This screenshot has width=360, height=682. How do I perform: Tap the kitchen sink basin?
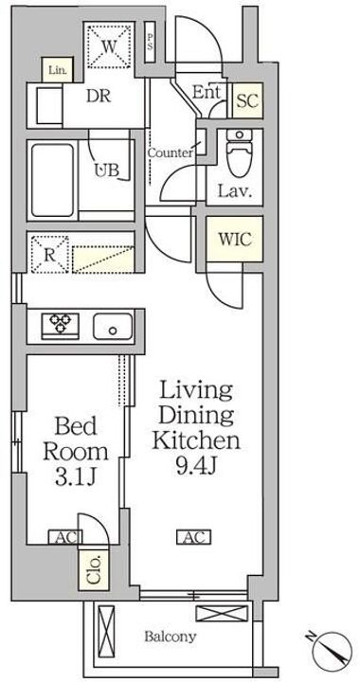(x=113, y=326)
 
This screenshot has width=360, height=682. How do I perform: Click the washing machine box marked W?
(x=109, y=46)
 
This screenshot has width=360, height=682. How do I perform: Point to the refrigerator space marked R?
(x=48, y=255)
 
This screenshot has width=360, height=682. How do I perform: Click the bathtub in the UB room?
(x=52, y=180)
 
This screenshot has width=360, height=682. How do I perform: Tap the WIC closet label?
(x=234, y=240)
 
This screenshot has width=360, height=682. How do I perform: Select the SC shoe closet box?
(x=247, y=100)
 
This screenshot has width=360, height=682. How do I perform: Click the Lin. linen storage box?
(x=58, y=70)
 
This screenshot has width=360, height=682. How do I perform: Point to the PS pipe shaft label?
(x=150, y=42)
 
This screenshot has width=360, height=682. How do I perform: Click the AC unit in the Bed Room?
(x=64, y=538)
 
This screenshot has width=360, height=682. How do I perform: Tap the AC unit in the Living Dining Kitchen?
(x=193, y=537)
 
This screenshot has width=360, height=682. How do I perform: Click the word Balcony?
(x=170, y=637)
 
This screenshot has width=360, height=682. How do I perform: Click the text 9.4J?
(x=196, y=466)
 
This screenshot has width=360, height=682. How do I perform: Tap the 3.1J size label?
(x=75, y=477)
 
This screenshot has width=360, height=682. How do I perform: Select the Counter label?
(x=170, y=153)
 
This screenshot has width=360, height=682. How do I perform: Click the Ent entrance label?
(x=207, y=92)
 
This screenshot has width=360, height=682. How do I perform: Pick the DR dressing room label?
(x=99, y=96)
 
